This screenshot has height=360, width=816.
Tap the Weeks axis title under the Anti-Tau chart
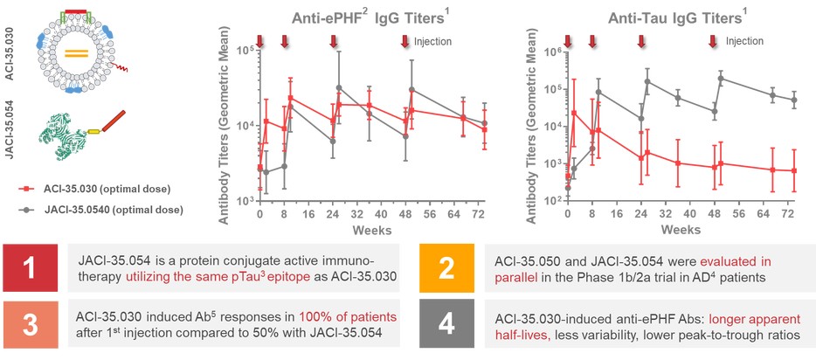click(680, 228)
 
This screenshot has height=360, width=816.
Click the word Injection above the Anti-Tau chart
click(744, 41)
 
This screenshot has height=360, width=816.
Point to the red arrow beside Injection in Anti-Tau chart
click(714, 41)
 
